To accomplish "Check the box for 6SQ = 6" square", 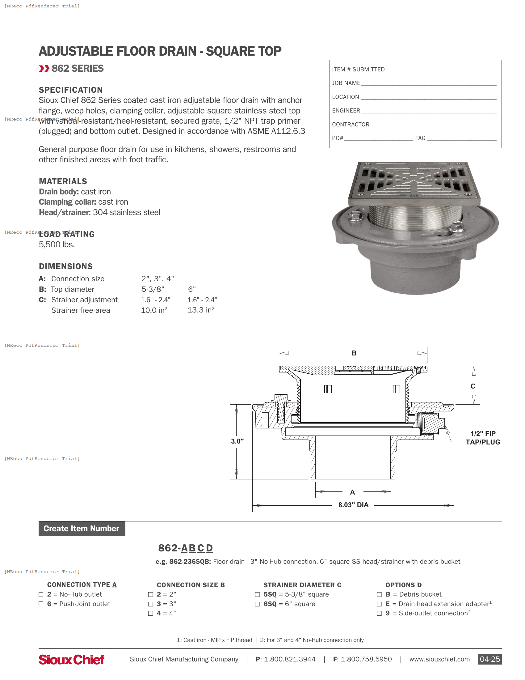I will (257, 604).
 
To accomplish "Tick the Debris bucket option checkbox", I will (379, 594).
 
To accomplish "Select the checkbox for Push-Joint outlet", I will (41, 604).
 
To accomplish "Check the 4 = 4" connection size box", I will (150, 613).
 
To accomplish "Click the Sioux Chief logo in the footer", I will (71, 660).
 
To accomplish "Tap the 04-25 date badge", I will (489, 659).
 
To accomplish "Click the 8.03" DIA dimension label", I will (353, 505).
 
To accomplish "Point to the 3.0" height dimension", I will (237, 441).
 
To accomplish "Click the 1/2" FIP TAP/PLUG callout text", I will (483, 438).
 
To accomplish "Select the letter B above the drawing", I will (354, 353).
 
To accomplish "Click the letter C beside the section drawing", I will (473, 386).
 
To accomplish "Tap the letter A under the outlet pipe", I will (352, 492).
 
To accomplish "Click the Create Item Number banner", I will (82, 528).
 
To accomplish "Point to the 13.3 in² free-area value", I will (201, 310).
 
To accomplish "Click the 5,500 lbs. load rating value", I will (57, 244).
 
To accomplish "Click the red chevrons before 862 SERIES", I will (44, 69).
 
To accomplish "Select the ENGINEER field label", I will (346, 111).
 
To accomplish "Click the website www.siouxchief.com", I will (439, 659).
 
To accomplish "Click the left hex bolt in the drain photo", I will (355, 215).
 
